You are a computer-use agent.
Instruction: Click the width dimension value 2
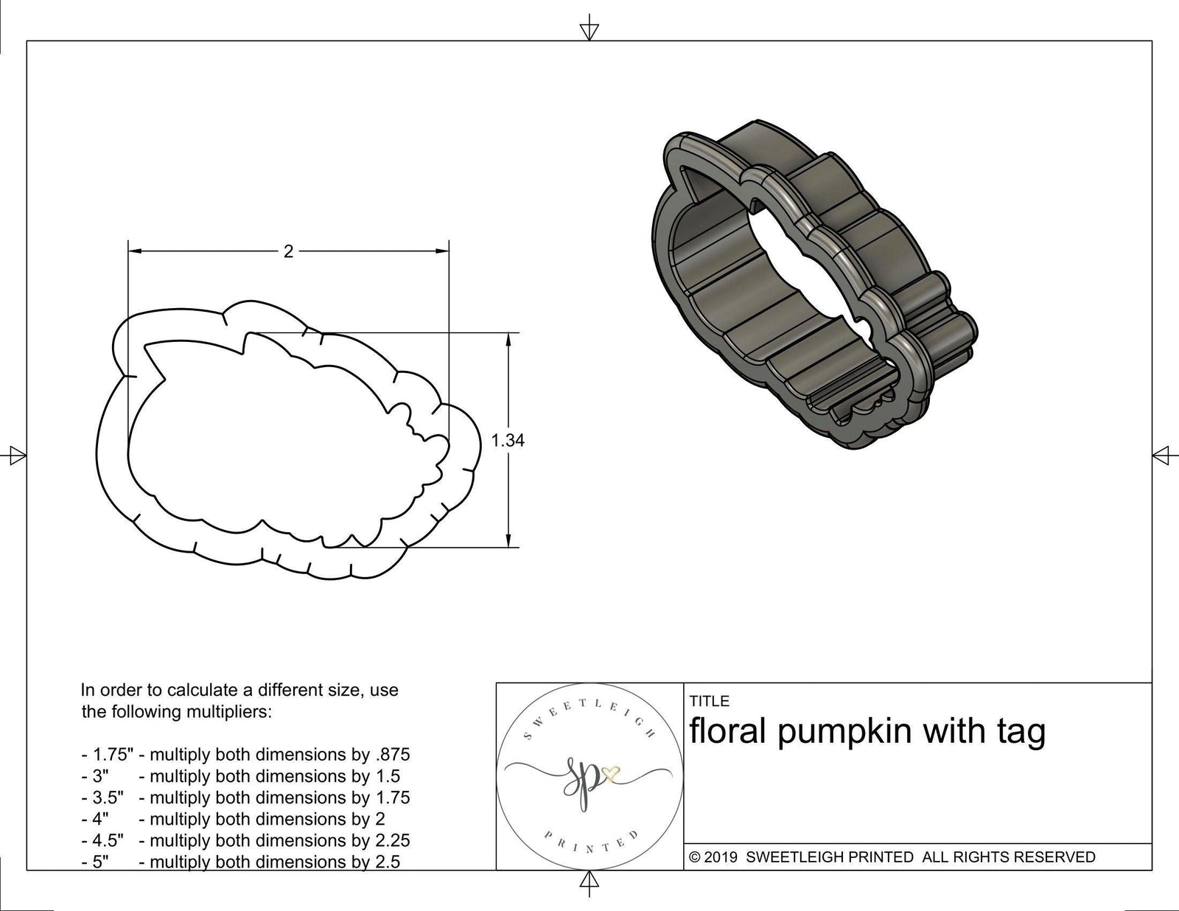pyautogui.click(x=288, y=252)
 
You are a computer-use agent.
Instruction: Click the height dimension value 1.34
pyautogui.click(x=508, y=441)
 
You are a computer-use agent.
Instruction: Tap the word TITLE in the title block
pyautogui.click(x=709, y=701)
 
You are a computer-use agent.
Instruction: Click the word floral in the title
pyautogui.click(x=728, y=732)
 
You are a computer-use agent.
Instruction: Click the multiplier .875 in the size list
pyautogui.click(x=393, y=755)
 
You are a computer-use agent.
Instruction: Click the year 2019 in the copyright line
pyautogui.click(x=721, y=857)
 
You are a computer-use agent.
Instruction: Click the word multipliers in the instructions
pyautogui.click(x=232, y=712)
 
